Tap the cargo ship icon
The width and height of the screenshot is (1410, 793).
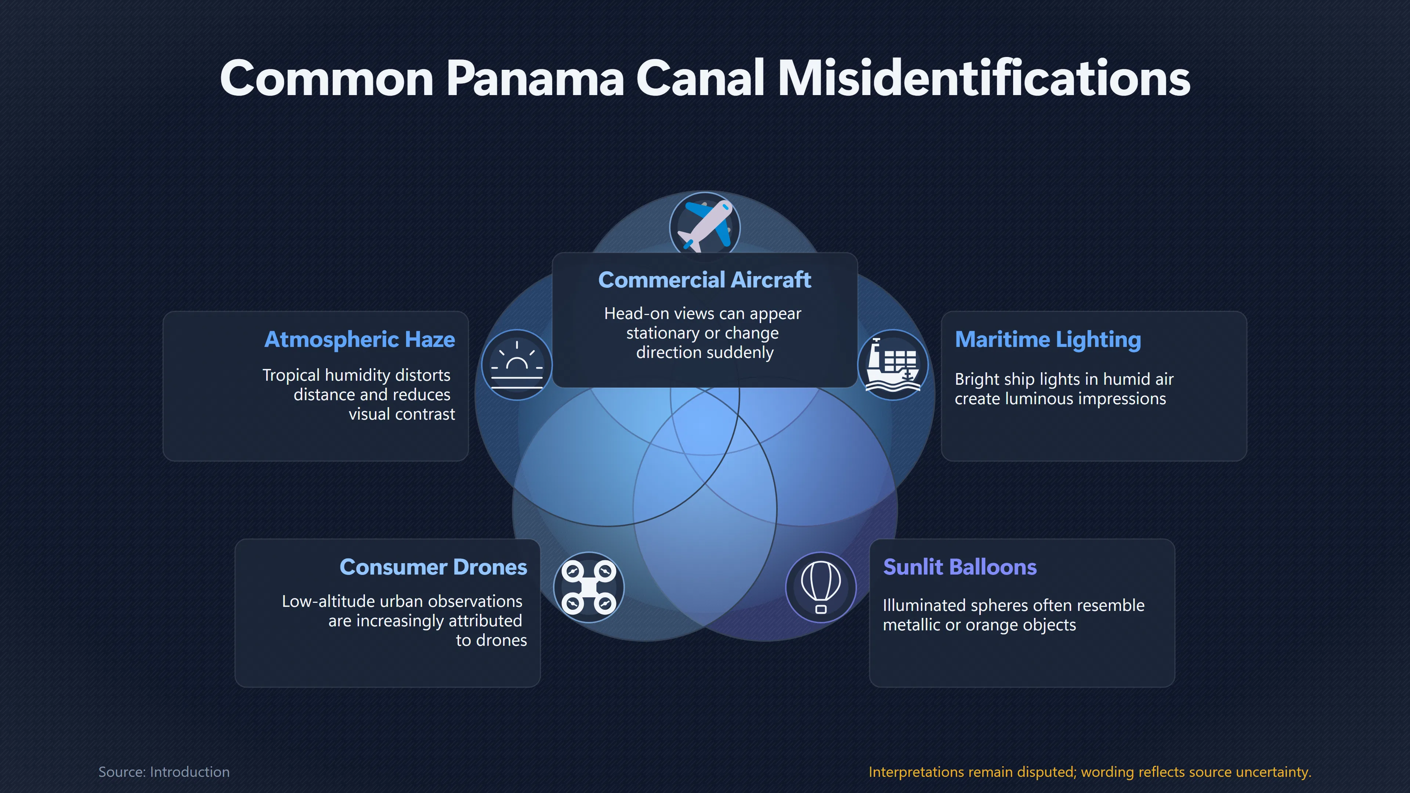click(893, 365)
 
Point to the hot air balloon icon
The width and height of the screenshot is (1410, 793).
click(821, 587)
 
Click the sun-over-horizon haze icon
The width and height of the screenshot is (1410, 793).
click(517, 365)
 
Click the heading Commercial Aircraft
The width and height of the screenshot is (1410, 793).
click(705, 280)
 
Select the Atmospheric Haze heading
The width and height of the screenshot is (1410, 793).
click(359, 339)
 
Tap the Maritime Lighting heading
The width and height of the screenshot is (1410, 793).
click(1048, 339)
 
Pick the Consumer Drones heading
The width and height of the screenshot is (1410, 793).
click(433, 567)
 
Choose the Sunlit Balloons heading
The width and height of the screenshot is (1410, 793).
click(959, 567)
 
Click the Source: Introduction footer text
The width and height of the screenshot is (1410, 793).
click(164, 772)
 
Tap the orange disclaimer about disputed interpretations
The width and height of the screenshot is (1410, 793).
click(1090, 772)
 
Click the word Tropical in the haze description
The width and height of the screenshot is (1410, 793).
click(291, 376)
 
